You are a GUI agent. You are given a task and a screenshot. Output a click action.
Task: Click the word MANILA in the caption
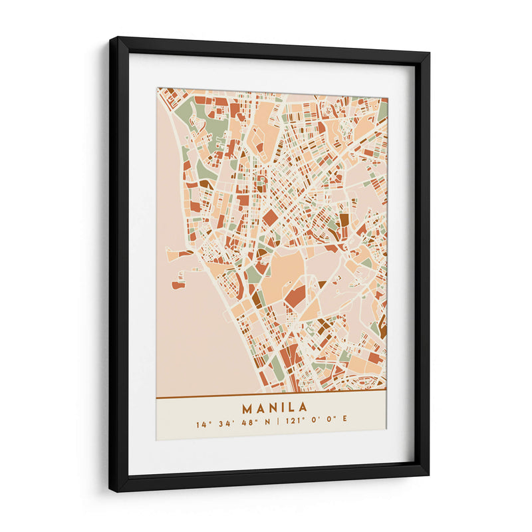274,407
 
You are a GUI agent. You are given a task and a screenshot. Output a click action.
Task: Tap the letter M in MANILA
247,407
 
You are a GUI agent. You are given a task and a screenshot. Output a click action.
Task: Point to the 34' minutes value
224,422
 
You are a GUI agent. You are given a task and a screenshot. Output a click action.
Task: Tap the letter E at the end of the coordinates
345,422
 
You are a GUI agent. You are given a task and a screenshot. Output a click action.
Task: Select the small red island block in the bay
178,285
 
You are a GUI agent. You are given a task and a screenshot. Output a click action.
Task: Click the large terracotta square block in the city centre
270,217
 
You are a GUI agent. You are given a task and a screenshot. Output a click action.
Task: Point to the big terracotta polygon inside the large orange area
295,296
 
